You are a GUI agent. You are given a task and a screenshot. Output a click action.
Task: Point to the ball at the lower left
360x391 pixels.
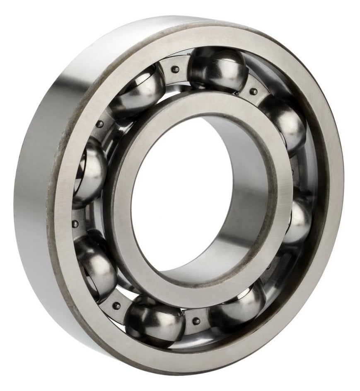(x=96, y=265)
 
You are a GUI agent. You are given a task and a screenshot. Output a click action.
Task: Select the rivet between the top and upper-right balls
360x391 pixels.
(x=254, y=91)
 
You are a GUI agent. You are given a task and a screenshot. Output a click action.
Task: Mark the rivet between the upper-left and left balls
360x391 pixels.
(x=100, y=124)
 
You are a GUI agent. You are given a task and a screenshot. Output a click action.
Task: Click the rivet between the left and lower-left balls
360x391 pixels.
(x=75, y=224)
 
